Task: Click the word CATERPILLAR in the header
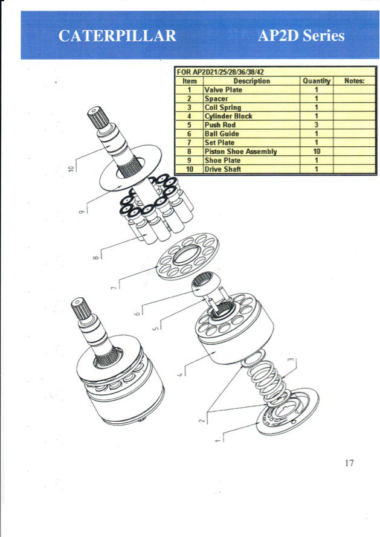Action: point(117,36)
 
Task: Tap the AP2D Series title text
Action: point(301,36)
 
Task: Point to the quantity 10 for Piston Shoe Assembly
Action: point(316,152)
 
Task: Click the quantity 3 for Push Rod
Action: point(316,125)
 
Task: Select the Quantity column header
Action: point(316,81)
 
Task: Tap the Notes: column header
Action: point(355,81)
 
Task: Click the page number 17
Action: point(349,463)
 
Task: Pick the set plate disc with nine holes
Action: point(187,256)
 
